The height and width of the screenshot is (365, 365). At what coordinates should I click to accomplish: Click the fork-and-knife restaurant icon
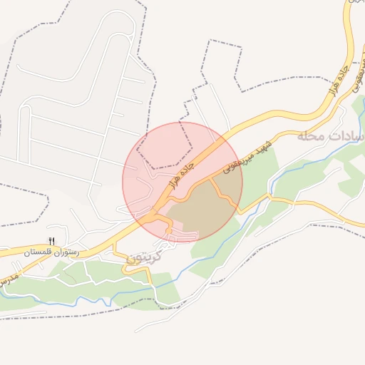[51, 242]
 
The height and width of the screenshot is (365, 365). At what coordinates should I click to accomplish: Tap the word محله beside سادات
[312, 135]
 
